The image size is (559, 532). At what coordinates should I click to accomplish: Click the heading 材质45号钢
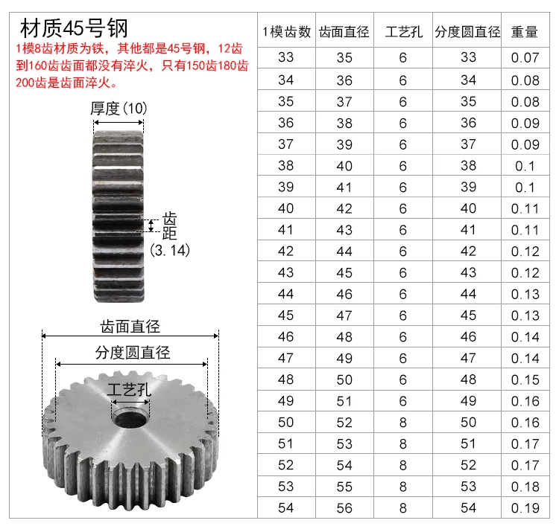tap(74, 28)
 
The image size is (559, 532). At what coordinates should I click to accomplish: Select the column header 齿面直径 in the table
tap(344, 32)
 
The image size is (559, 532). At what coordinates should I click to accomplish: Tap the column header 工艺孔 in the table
tap(403, 32)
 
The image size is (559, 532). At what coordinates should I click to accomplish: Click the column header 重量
tap(525, 32)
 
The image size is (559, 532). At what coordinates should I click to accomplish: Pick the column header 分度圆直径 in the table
tap(467, 32)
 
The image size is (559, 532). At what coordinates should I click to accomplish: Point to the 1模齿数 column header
tap(287, 32)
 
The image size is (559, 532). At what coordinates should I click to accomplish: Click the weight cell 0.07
tap(525, 57)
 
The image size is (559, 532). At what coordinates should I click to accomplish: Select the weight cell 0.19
tap(525, 508)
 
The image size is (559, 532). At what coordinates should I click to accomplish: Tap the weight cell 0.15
tap(525, 379)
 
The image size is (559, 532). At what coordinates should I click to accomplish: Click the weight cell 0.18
tap(525, 487)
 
